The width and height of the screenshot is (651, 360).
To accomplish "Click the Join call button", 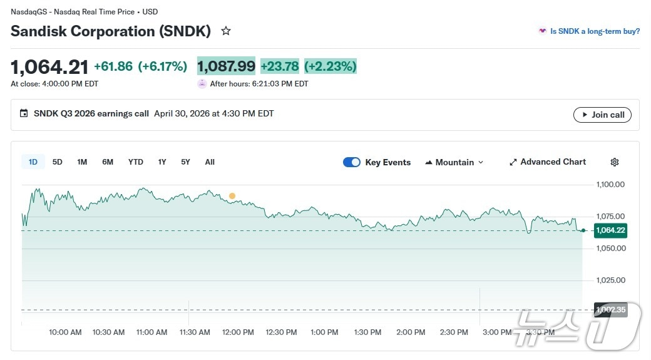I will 602,115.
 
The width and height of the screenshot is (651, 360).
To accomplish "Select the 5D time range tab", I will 58,162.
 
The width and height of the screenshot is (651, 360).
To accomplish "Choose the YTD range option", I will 135,162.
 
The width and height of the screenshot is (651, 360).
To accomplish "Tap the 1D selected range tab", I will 33,162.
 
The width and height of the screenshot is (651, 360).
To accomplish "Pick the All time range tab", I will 210,162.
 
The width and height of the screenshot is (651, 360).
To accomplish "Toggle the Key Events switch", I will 352,162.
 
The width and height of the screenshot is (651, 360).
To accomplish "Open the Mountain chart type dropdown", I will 454,162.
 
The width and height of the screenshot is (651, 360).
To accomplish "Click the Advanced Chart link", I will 548,162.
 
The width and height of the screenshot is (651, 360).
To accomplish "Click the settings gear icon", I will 615,162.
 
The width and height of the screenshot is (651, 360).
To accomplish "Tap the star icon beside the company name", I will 226,31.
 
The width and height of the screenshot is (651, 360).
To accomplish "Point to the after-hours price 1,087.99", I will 226,66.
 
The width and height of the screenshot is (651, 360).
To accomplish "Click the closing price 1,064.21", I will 49,66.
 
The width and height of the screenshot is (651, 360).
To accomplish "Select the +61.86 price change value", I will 113,66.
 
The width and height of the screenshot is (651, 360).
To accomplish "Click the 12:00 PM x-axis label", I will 238,332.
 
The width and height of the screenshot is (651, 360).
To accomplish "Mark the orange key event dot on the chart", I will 232,196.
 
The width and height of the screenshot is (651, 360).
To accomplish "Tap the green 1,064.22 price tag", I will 610,230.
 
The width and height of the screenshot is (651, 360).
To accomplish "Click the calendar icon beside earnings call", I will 24,114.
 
